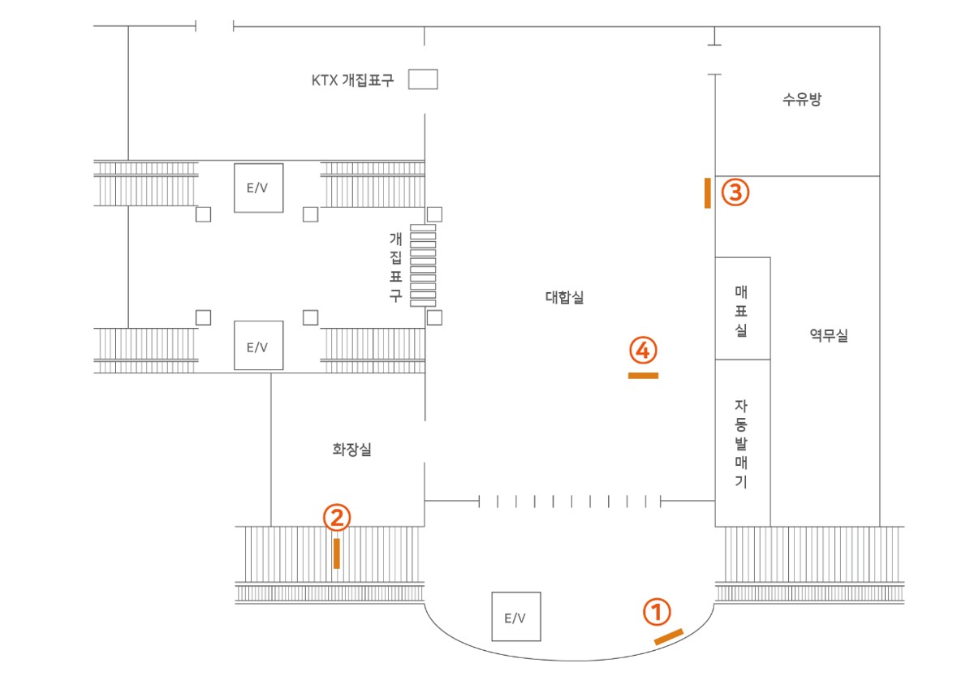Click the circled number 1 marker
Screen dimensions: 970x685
pyautogui.click(x=657, y=612)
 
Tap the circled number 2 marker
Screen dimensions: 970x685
pyautogui.click(x=337, y=517)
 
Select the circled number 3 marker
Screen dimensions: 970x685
pyautogui.click(x=735, y=192)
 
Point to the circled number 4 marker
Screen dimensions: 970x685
pyautogui.click(x=643, y=351)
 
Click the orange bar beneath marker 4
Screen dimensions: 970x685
pyautogui.click(x=644, y=376)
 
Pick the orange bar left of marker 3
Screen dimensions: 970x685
pyautogui.click(x=708, y=193)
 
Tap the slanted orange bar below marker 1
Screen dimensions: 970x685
pyautogui.click(x=669, y=637)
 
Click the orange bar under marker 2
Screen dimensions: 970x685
pyautogui.click(x=337, y=554)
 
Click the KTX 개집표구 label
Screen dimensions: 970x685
pyautogui.click(x=352, y=80)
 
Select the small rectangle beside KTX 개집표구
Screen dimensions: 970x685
pyautogui.click(x=423, y=80)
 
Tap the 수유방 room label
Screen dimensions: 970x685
pyautogui.click(x=802, y=99)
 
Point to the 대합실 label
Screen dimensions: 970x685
pyautogui.click(x=564, y=297)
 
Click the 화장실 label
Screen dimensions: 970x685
pyautogui.click(x=352, y=450)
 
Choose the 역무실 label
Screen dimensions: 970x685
pyautogui.click(x=829, y=335)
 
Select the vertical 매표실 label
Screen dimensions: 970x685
pyautogui.click(x=741, y=311)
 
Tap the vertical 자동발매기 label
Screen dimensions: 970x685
pyautogui.click(x=741, y=444)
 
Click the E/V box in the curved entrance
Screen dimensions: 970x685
pyautogui.click(x=516, y=616)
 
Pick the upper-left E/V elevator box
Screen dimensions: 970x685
pyautogui.click(x=259, y=188)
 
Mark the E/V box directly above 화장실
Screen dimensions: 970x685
pyautogui.click(x=259, y=345)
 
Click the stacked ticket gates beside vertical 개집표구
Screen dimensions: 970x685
pyautogui.click(x=423, y=265)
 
